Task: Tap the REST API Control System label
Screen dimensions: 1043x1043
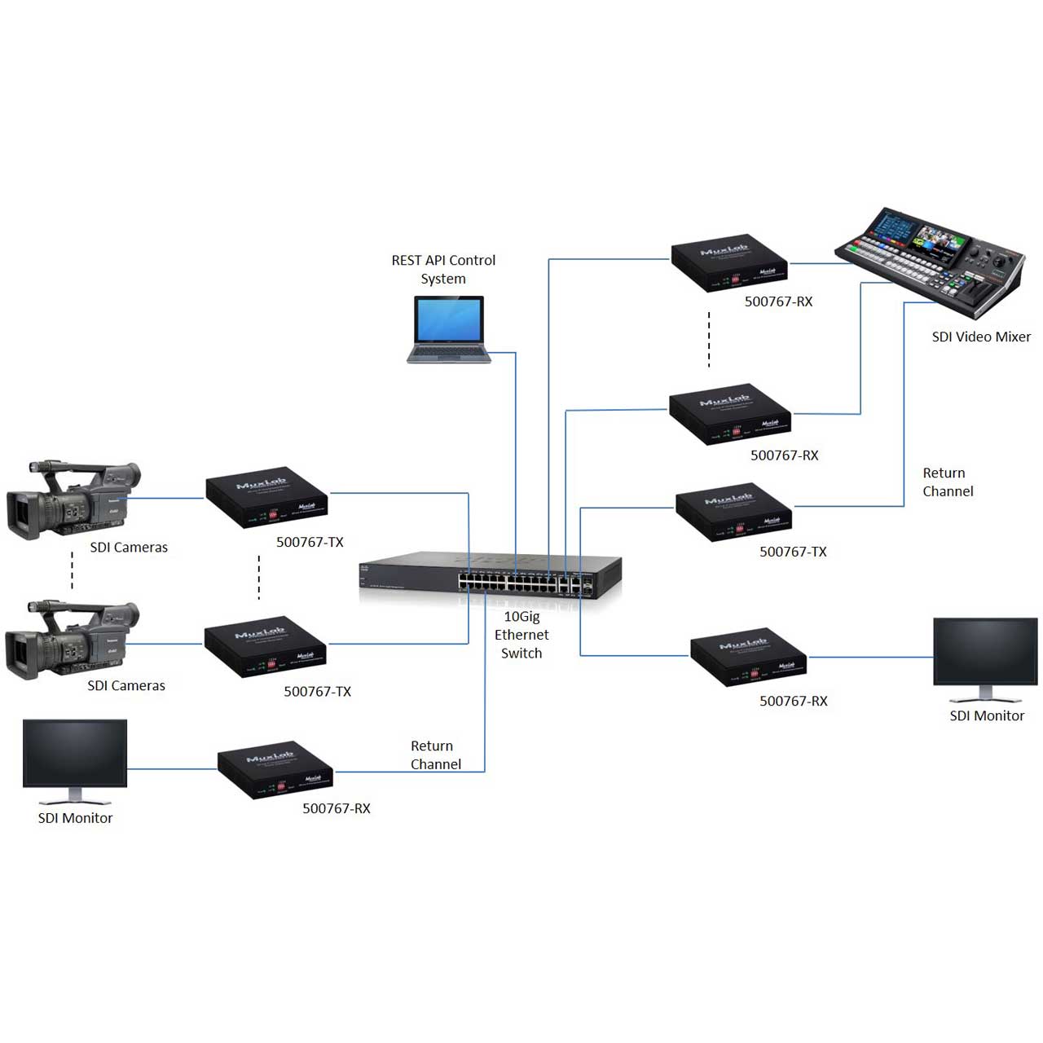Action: pyautogui.click(x=443, y=269)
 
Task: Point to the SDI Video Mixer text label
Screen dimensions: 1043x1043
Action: pyautogui.click(x=981, y=337)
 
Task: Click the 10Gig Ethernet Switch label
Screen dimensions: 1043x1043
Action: pyautogui.click(x=521, y=635)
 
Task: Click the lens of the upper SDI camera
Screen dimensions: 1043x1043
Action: pyautogui.click(x=20, y=510)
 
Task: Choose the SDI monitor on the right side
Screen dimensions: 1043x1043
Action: pyautogui.click(x=985, y=657)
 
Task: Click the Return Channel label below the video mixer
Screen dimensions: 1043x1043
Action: pyautogui.click(x=948, y=482)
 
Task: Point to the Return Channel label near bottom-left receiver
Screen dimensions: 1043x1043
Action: pyautogui.click(x=435, y=755)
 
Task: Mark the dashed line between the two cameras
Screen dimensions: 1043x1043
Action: pyautogui.click(x=72, y=570)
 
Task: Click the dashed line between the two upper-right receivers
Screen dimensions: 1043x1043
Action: pyautogui.click(x=709, y=339)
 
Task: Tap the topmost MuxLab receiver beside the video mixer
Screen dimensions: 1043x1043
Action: pyautogui.click(x=729, y=263)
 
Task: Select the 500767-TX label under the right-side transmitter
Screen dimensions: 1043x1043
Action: pyautogui.click(x=793, y=552)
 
